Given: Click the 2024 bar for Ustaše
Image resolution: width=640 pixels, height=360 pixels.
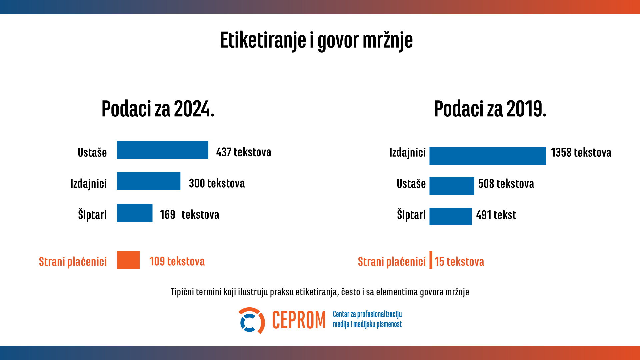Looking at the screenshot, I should [162, 150].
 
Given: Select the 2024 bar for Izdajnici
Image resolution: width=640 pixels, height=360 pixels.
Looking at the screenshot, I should [148, 181].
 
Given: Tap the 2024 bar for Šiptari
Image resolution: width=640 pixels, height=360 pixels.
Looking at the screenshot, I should [134, 213].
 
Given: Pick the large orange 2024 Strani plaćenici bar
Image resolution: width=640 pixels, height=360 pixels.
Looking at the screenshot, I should [128, 260].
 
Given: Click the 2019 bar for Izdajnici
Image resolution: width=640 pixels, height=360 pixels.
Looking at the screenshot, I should [487, 156].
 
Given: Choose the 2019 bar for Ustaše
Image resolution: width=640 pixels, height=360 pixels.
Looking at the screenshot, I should [451, 186].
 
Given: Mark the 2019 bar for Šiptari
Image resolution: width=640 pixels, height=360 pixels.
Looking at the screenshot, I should [450, 217].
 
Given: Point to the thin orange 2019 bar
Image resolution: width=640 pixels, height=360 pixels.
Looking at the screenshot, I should [431, 260].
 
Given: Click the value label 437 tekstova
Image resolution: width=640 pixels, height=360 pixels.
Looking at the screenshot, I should [243, 152].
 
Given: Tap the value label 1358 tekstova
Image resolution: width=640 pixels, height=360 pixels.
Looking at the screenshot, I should [581, 153].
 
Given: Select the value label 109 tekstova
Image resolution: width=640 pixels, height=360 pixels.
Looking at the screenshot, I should [177, 261].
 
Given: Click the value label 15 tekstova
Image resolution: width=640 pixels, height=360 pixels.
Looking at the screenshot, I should [459, 262].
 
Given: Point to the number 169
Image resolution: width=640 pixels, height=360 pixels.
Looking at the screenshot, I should [167, 215].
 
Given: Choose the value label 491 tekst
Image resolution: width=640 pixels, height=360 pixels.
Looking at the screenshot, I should [496, 215].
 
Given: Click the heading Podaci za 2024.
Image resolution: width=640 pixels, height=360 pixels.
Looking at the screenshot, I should [158, 109].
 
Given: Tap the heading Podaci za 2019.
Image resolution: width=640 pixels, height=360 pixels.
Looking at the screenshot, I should [490, 109].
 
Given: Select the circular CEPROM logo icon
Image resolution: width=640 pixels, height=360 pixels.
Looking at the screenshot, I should [251, 321].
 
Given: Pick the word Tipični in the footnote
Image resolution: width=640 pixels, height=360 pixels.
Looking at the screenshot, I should [182, 292].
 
